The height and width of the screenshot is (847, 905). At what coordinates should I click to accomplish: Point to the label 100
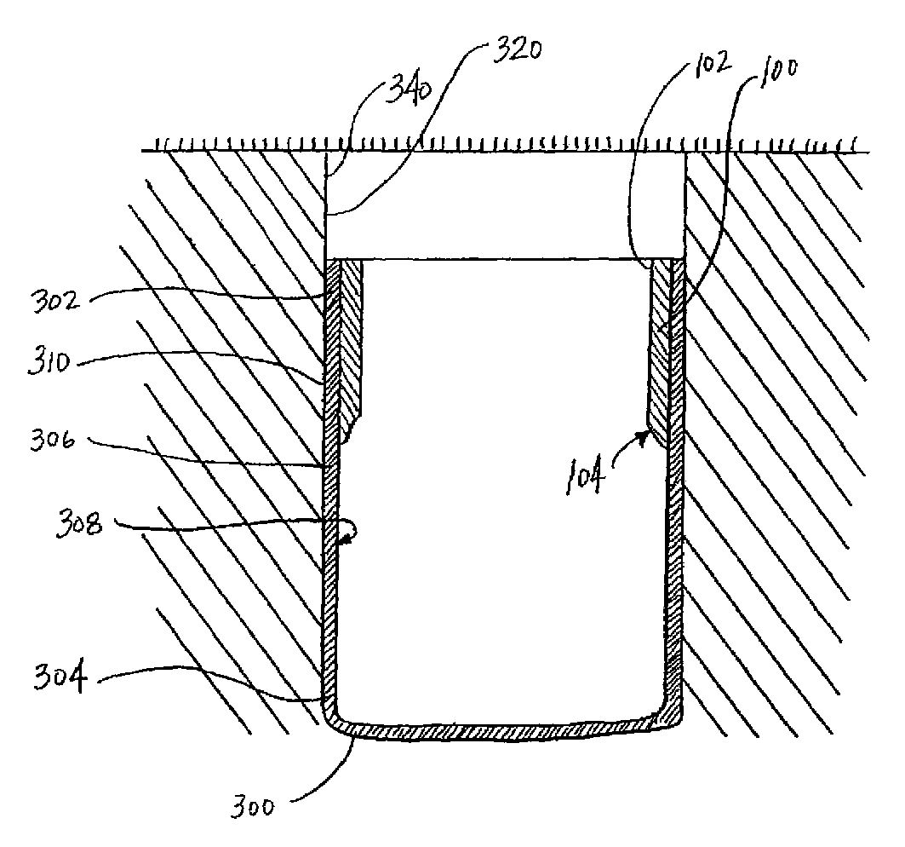coord(777,72)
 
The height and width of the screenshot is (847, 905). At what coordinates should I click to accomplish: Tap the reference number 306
coord(53,441)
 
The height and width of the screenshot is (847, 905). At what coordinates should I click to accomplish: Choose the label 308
coord(79,525)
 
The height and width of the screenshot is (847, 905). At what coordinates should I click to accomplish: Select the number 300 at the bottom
coord(253,805)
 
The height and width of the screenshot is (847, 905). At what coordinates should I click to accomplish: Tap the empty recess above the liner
coord(505,205)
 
